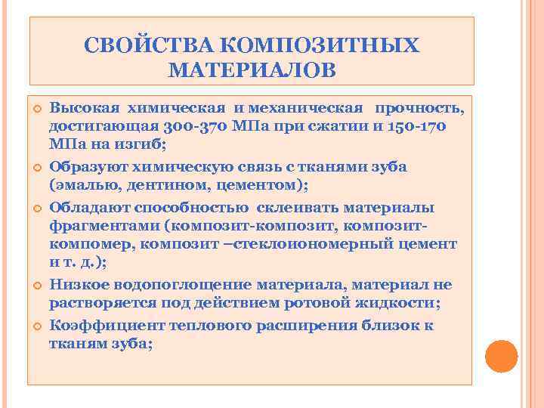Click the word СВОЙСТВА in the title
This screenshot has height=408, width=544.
(x=141, y=45)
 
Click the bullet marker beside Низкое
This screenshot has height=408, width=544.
(x=36, y=285)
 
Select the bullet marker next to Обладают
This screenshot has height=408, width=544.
(x=36, y=208)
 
